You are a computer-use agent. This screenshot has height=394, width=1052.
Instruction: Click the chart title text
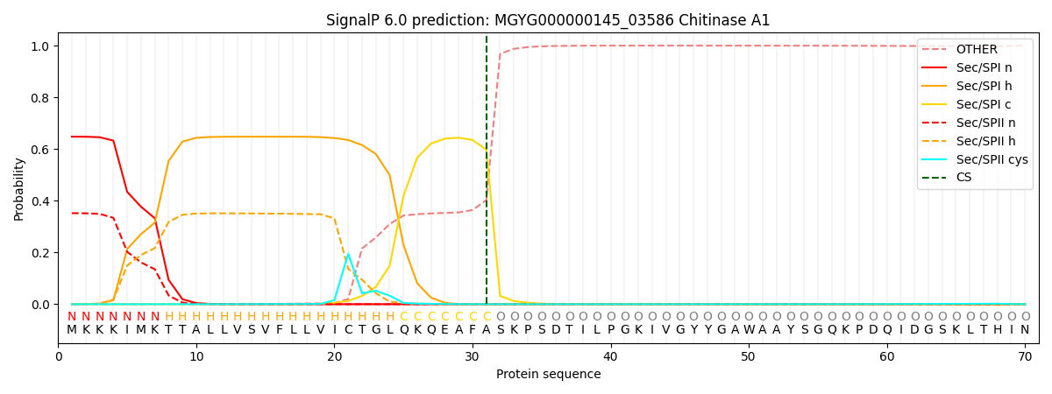tap(548, 20)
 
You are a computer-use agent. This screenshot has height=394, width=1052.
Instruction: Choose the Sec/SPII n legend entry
tap(969, 123)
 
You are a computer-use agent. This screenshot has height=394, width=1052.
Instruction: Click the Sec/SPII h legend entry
tap(969, 141)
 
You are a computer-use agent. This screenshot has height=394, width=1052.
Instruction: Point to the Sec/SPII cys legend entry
tap(975, 159)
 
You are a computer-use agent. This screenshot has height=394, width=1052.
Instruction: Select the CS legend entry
tap(946, 177)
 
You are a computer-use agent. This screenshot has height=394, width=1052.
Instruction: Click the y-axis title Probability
tap(18, 189)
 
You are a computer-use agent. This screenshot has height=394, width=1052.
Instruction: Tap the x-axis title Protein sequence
tap(548, 375)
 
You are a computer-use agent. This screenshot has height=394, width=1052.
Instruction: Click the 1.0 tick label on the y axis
tap(40, 46)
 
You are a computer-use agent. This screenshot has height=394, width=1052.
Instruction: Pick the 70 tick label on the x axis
tap(1025, 357)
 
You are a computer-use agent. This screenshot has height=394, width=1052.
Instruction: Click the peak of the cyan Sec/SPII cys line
tap(348, 254)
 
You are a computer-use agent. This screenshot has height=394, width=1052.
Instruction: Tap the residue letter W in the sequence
tap(749, 330)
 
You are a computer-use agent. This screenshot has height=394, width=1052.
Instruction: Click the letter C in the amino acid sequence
tap(349, 330)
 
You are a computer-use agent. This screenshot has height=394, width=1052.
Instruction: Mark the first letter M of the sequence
tap(72, 330)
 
